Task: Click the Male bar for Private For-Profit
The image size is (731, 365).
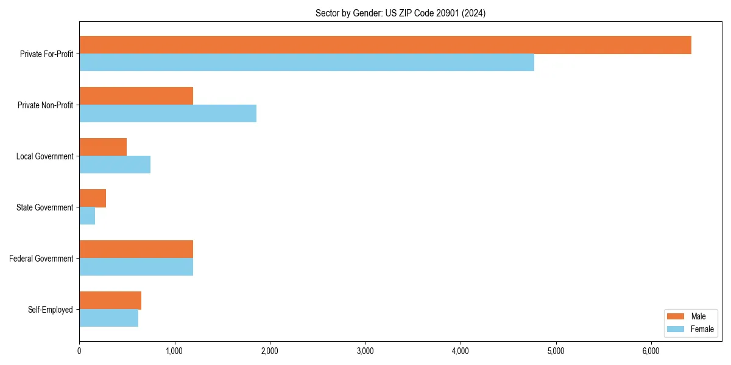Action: click(x=385, y=45)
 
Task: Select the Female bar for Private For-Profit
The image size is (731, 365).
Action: click(x=306, y=63)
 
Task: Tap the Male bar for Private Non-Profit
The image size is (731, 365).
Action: click(x=136, y=96)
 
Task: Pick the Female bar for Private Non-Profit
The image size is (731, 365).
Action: click(x=168, y=114)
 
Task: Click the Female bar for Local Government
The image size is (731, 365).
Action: click(x=115, y=165)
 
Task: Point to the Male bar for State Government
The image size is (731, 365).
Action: click(x=93, y=198)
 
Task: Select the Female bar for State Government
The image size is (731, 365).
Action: click(x=87, y=216)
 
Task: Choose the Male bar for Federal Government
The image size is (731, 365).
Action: click(x=136, y=249)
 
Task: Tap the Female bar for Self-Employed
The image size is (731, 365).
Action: click(x=108, y=318)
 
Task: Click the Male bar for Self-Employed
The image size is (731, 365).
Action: click(x=110, y=301)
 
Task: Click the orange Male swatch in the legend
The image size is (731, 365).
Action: click(x=676, y=316)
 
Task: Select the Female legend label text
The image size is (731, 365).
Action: click(x=702, y=329)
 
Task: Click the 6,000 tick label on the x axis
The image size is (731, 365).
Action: click(x=651, y=351)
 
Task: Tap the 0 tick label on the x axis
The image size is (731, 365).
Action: click(x=79, y=351)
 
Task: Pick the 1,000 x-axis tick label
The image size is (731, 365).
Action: click(x=174, y=351)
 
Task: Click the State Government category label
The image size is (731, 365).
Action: click(x=45, y=207)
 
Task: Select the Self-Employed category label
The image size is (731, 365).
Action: click(x=50, y=310)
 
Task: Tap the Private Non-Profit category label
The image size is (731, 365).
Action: click(x=45, y=105)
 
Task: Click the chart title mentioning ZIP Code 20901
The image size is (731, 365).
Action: click(x=400, y=13)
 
